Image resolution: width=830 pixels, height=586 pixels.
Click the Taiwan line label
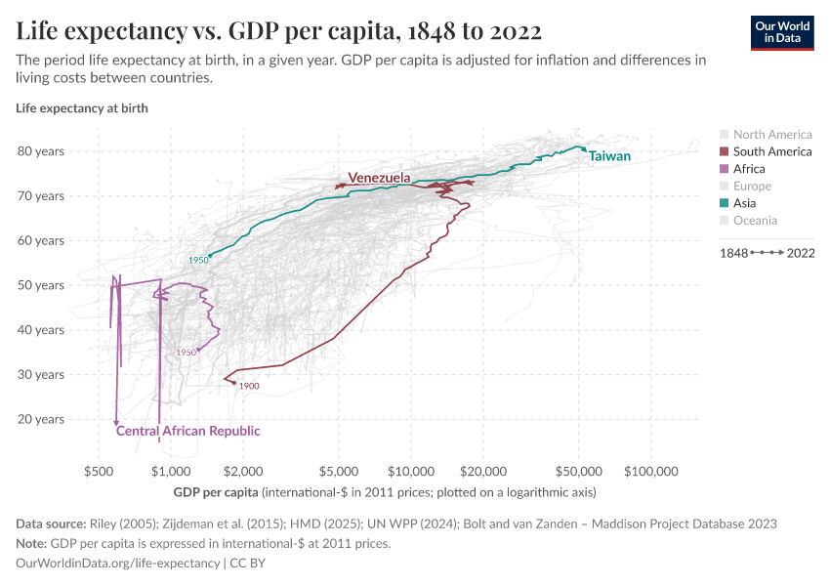coord(609,156)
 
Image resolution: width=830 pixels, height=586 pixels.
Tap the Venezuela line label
coord(379,178)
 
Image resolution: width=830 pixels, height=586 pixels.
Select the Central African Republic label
coord(187,431)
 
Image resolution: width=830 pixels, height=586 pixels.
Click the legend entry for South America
coord(771,151)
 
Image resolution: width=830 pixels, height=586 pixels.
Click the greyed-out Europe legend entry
coord(752,186)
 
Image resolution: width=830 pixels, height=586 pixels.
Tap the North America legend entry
coord(771,135)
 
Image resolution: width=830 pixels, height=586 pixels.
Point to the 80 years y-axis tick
coord(41,151)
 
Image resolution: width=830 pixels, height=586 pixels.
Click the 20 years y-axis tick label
coord(41,419)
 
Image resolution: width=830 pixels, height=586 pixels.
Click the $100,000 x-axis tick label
coord(651,471)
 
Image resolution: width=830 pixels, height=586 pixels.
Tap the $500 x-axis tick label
coord(99,471)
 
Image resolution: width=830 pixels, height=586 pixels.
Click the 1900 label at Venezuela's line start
coord(248,387)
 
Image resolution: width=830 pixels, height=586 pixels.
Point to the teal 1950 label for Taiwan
coord(198,261)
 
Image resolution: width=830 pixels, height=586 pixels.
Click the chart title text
coord(279,30)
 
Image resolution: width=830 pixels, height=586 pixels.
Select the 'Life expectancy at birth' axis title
coord(82,108)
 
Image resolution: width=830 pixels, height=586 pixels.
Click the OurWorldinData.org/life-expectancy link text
coord(118,564)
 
